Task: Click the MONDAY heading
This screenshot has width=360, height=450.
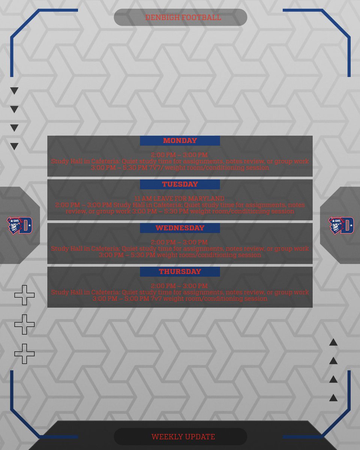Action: pos(180,141)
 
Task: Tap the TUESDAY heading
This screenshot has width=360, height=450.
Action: pos(180,184)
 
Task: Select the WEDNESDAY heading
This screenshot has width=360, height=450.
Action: pos(180,228)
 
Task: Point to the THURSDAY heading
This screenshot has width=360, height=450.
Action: pos(180,271)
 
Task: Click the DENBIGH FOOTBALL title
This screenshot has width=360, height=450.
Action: pos(183,18)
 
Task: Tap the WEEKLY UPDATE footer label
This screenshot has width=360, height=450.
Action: pos(183,437)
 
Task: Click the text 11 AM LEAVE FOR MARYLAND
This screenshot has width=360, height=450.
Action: pos(179,198)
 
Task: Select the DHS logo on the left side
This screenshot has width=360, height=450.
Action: pos(19,225)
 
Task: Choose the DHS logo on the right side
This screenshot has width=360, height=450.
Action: pos(341,225)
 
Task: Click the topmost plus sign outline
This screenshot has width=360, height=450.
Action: pos(24,295)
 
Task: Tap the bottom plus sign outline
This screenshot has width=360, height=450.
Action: pos(24,354)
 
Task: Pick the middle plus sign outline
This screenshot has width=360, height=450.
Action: pos(24,324)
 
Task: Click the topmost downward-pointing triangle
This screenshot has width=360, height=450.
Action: pos(14,91)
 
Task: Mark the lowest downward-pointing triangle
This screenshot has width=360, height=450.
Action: pos(14,147)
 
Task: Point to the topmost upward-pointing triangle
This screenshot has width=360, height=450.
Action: pos(333,342)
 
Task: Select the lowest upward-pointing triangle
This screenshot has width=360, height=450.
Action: pos(333,398)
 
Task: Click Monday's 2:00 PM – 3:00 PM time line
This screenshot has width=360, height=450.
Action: pos(179,155)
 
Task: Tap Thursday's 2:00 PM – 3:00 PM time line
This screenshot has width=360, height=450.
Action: pos(179,286)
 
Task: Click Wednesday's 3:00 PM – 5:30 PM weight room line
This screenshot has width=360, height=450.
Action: pos(180,255)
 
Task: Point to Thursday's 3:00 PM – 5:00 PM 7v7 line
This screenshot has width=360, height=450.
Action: pos(180,299)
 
